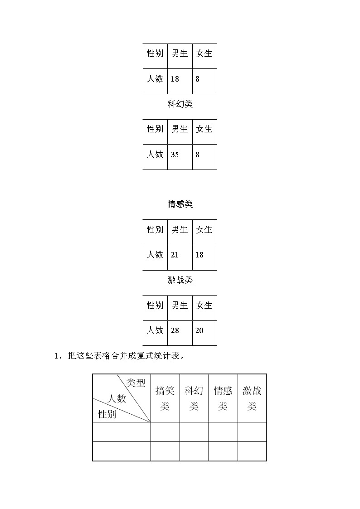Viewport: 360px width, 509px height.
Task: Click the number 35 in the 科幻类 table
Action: (x=175, y=155)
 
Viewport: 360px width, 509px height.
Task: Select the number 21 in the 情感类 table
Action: (x=175, y=255)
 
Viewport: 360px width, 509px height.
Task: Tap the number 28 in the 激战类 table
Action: (x=175, y=330)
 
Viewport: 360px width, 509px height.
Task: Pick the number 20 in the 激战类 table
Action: (x=199, y=330)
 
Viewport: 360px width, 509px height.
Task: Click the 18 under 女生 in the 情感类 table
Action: (x=199, y=255)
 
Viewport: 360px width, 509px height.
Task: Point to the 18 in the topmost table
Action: (x=175, y=79)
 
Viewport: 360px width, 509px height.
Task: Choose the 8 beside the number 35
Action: (x=197, y=155)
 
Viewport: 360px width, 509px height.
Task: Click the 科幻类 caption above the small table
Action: (x=180, y=104)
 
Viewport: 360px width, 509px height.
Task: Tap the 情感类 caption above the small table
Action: (x=180, y=204)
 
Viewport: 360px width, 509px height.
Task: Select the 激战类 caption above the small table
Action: (x=180, y=280)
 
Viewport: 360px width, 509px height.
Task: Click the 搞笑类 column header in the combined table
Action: (x=165, y=398)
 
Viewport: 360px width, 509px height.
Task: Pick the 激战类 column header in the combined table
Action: (x=252, y=398)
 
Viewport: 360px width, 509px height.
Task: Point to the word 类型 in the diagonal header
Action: (x=136, y=383)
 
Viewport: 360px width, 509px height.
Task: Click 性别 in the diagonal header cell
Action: (x=107, y=414)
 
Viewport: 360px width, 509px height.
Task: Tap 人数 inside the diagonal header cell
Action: (x=117, y=399)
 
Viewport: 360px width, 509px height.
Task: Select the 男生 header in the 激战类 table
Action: (x=180, y=305)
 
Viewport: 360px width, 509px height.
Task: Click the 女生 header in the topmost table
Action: (x=204, y=53)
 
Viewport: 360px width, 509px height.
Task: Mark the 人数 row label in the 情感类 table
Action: (x=155, y=255)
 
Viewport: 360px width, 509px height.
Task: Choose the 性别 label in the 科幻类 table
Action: (x=155, y=129)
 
